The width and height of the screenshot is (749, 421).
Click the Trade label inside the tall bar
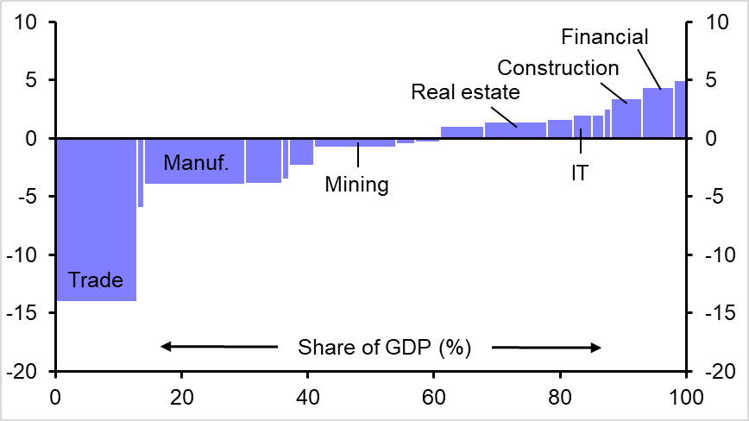(96, 280)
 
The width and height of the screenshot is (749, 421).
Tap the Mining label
(356, 184)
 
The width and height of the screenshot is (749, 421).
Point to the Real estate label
(465, 91)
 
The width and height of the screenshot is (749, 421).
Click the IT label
(579, 173)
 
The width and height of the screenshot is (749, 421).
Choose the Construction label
(558, 67)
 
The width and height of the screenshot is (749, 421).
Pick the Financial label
(604, 37)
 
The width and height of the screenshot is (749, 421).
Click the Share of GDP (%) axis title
(384, 348)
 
